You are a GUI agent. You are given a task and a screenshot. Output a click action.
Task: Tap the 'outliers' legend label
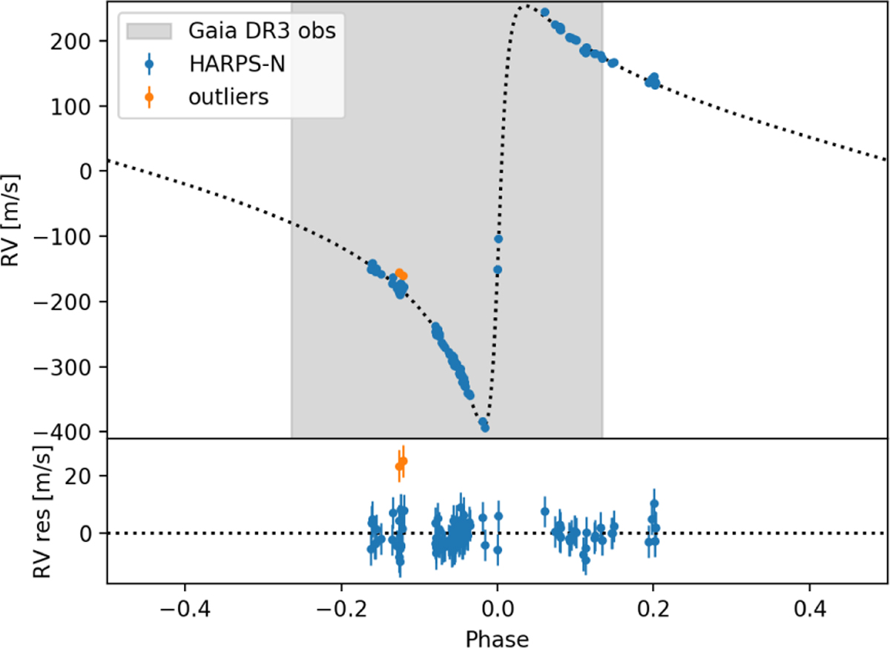(225, 96)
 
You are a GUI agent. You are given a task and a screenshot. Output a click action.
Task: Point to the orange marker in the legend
(149, 96)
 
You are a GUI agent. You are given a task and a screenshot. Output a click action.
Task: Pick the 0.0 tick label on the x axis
(497, 613)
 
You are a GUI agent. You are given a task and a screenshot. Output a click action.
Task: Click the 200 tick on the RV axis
(83, 41)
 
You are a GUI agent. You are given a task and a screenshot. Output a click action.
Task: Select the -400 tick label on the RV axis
(73, 432)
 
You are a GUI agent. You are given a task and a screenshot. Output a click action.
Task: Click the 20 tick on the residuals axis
(89, 475)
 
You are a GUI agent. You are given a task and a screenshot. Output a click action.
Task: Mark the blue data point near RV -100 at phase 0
(498, 239)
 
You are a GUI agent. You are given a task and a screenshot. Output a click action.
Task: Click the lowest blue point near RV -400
(485, 428)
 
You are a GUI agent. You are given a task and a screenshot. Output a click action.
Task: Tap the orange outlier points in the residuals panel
(401, 464)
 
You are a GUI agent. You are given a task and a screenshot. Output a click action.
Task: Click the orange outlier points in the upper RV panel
(401, 275)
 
